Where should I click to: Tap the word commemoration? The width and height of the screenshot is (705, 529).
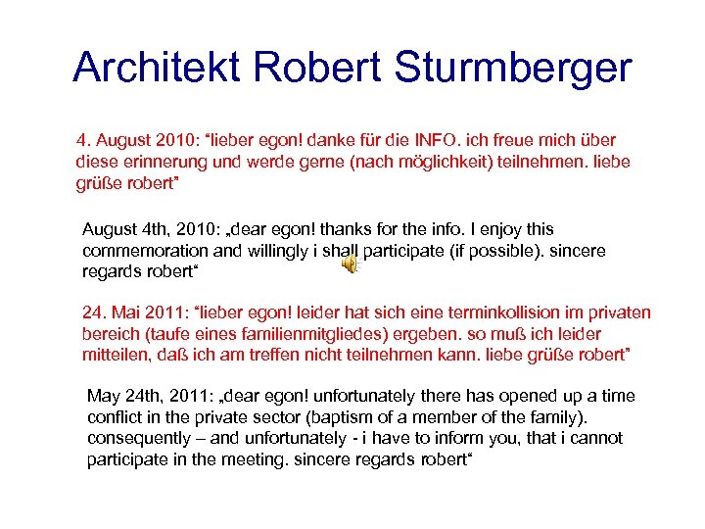143,250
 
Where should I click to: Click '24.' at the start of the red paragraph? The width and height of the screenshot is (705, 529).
93,313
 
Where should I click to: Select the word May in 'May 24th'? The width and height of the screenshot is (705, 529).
103,396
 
